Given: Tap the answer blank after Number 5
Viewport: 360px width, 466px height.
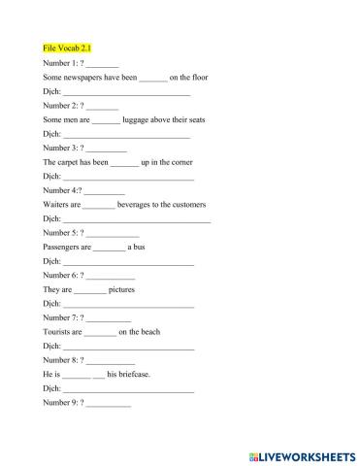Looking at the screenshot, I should (x=114, y=233).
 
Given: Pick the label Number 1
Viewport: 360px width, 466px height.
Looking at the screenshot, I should (x=61, y=62).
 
